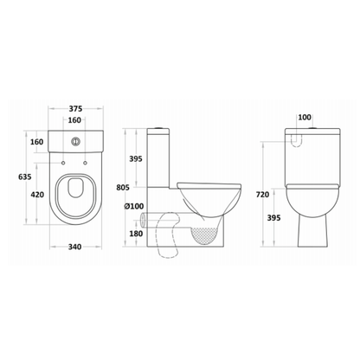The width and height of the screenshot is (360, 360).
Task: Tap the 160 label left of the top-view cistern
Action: click(37, 141)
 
